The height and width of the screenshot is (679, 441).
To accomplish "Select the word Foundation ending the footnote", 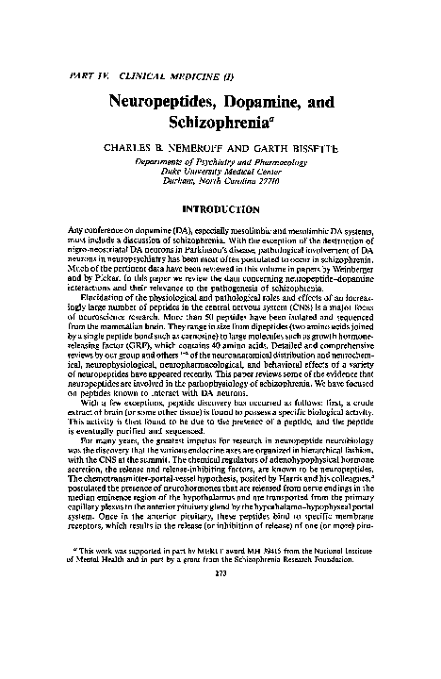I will click(376, 631).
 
